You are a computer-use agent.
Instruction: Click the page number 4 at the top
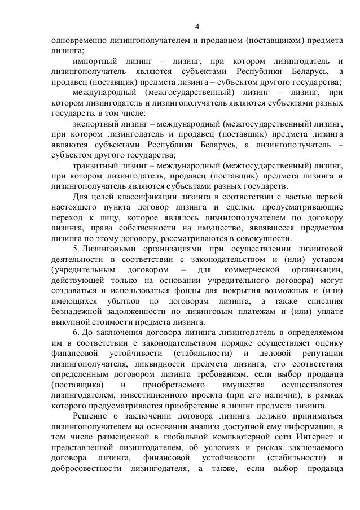click(197, 27)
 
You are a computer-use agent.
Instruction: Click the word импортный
click(94, 60)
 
